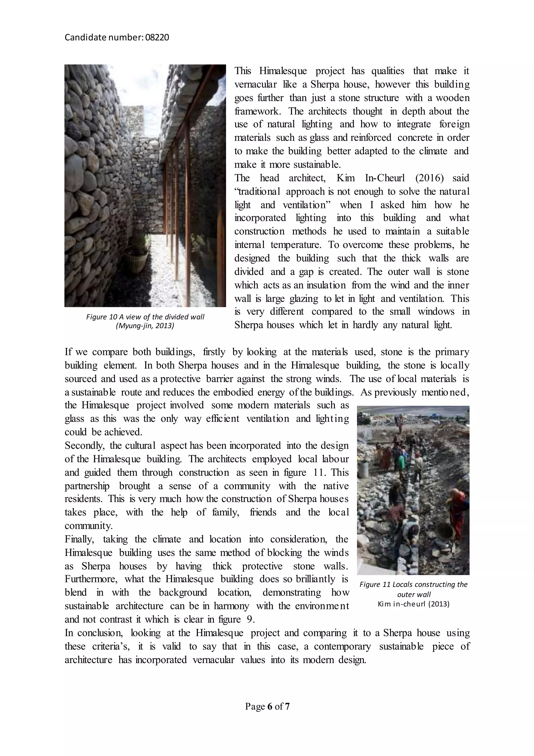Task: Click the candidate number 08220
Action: point(157,38)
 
